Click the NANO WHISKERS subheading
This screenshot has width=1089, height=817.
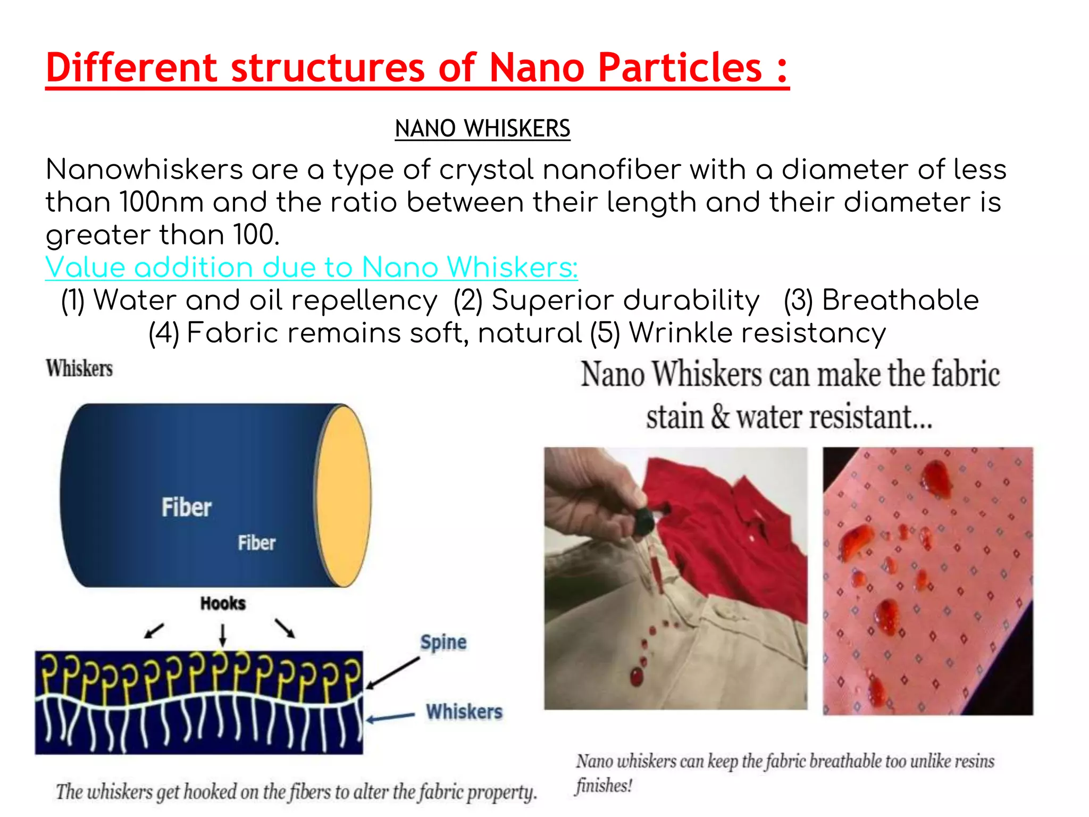tap(482, 129)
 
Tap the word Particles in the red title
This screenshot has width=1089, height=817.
tap(680, 68)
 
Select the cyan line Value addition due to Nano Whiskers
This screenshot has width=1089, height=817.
tap(311, 267)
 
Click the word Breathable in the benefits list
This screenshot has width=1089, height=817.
tap(900, 300)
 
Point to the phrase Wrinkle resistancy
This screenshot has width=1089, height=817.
tap(757, 334)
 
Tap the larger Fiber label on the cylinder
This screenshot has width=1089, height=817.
tap(186, 507)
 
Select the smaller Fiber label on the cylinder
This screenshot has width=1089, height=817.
tap(256, 543)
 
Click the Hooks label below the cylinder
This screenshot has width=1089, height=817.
tap(223, 603)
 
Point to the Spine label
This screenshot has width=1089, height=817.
tap(443, 642)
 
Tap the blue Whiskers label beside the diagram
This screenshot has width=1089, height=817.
tap(464, 712)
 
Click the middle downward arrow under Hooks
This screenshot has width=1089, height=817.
tap(223, 635)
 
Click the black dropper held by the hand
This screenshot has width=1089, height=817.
tap(644, 521)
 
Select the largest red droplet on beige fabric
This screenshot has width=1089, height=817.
tap(636, 677)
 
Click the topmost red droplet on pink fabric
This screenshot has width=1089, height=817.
tap(935, 475)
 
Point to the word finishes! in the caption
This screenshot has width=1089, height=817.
tap(604, 786)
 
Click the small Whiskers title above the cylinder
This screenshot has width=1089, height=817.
tap(79, 368)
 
